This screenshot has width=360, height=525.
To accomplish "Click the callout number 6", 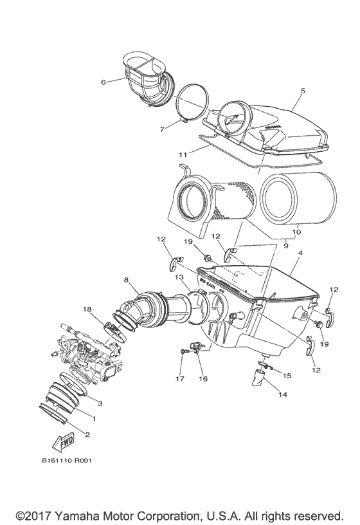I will click(x=103, y=82).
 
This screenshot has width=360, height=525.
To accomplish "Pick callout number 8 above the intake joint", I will click(x=127, y=281).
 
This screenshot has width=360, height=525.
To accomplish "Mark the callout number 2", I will click(x=87, y=434).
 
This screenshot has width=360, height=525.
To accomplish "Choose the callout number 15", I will click(x=287, y=375).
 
